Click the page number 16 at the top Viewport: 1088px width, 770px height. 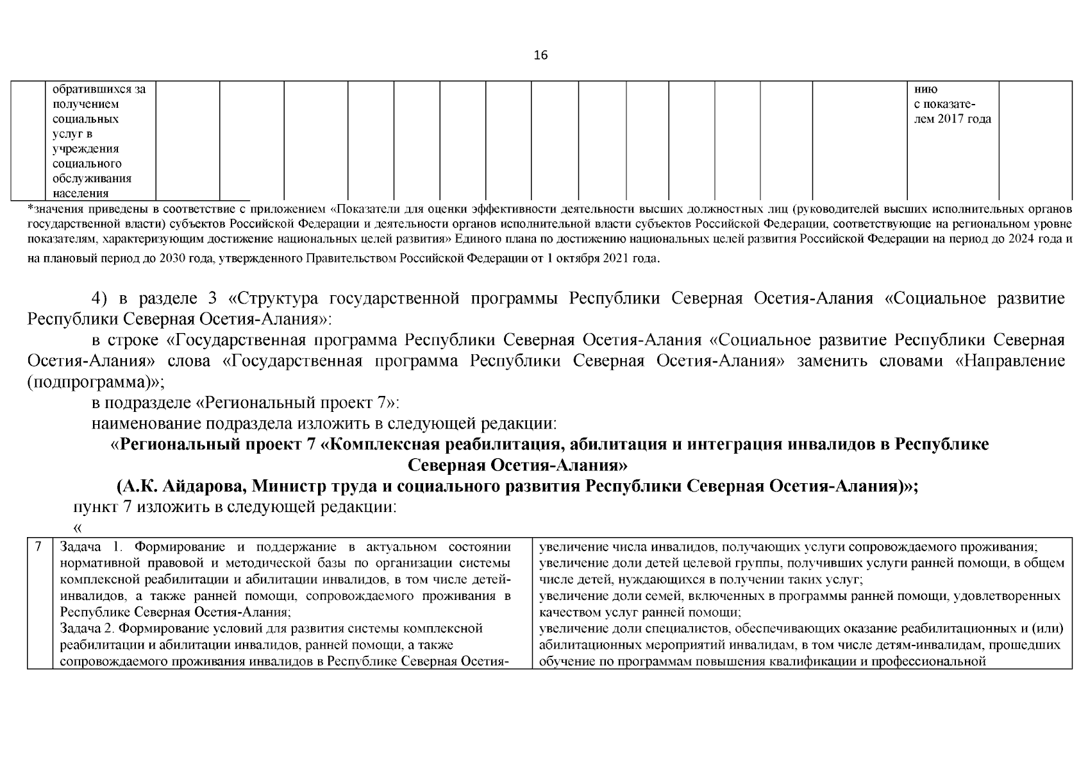(540, 55)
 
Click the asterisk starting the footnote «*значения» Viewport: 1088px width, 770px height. (30, 209)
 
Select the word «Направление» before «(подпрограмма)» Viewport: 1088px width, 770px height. (1010, 361)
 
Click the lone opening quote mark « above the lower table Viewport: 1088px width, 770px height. (79, 528)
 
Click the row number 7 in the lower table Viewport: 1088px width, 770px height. (39, 547)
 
